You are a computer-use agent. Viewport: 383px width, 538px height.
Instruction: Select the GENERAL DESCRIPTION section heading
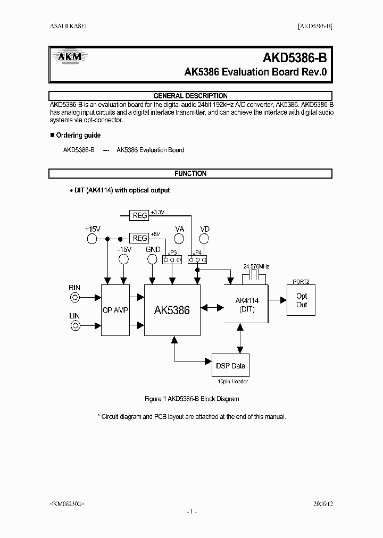[x=190, y=96]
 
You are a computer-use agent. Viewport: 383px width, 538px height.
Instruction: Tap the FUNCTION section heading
[x=190, y=173]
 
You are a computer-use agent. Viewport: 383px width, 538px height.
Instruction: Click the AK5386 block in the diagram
[x=172, y=310]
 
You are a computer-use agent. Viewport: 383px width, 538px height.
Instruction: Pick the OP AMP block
[x=115, y=310]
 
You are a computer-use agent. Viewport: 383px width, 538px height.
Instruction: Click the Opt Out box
[x=302, y=300]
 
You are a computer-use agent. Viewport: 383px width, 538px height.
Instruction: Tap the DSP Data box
[x=230, y=366]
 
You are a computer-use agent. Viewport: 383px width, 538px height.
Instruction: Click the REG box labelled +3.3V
[x=139, y=215]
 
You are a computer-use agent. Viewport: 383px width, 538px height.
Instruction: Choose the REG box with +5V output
[x=139, y=239]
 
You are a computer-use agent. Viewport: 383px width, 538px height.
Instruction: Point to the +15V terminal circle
[x=92, y=239]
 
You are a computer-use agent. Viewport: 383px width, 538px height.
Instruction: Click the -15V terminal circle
[x=123, y=259]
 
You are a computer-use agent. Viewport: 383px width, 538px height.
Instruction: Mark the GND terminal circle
[x=153, y=259]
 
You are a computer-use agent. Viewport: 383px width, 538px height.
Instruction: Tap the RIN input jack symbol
[x=76, y=298]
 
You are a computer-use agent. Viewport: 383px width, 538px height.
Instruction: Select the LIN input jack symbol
[x=76, y=325]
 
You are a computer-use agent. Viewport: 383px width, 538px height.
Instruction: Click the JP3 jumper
[x=172, y=259]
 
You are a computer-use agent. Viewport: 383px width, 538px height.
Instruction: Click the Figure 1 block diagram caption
[x=191, y=399]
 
